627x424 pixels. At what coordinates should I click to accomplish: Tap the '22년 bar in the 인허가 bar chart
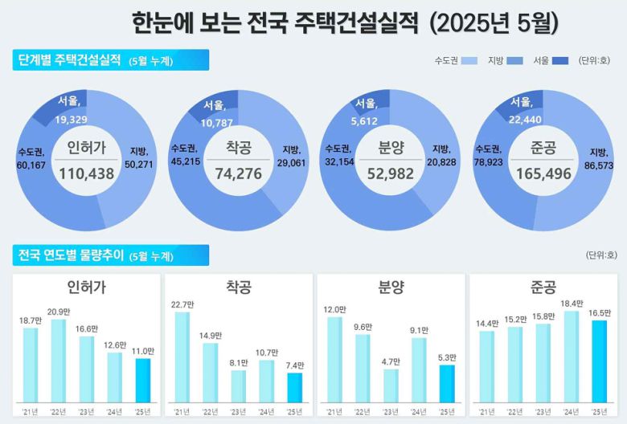point(58,361)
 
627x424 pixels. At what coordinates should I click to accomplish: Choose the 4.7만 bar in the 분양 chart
point(391,385)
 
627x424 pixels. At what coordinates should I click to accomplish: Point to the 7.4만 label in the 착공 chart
point(295,365)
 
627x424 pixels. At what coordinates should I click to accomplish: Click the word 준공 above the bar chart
point(544,287)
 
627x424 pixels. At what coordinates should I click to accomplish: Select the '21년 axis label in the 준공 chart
point(486,411)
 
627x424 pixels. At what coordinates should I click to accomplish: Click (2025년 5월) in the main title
point(494,22)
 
